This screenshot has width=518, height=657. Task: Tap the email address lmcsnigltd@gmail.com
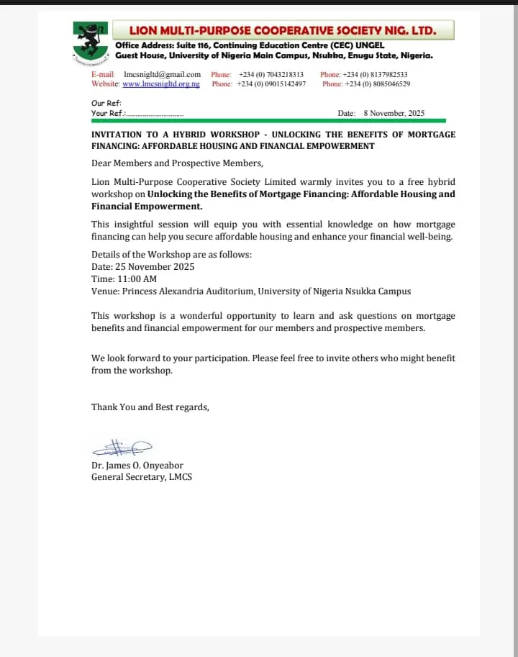(162, 74)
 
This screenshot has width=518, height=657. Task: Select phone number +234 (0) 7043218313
(271, 74)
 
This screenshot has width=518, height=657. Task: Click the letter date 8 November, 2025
(394, 113)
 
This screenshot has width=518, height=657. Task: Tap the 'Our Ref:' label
(101, 104)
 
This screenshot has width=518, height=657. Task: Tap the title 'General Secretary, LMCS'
(142, 476)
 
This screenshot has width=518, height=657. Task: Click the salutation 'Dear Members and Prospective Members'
(177, 163)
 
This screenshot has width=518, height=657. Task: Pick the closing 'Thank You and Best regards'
(150, 407)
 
